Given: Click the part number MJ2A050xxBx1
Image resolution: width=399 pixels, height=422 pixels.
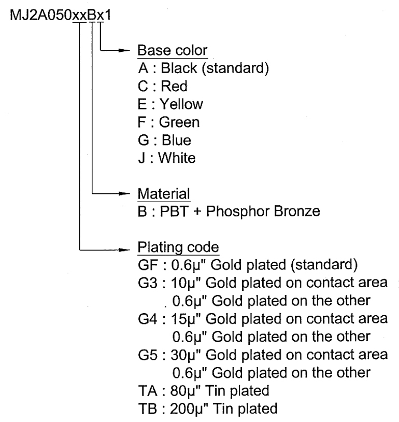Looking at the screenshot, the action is (60, 15).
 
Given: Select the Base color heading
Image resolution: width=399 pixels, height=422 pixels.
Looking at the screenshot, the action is (173, 50).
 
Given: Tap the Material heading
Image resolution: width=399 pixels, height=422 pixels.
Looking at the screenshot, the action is (164, 194).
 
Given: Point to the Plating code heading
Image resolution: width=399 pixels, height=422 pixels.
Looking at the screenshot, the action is (178, 247).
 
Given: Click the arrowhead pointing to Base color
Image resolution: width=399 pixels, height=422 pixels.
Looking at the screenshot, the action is (124, 50).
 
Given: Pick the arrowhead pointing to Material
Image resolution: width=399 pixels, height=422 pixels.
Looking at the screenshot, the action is (124, 193).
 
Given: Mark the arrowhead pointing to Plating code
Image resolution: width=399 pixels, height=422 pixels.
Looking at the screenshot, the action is (124, 250).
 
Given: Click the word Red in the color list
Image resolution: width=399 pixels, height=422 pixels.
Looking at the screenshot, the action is (174, 87).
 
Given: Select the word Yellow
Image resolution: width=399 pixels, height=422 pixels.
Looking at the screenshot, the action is (181, 104).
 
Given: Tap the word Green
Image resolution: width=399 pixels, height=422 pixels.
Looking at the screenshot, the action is (179, 122).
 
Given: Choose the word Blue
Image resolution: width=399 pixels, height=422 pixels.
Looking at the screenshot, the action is (177, 140).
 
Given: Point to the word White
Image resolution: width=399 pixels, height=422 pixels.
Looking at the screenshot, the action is (177, 158).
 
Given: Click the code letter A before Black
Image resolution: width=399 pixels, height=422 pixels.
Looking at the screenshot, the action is (144, 68).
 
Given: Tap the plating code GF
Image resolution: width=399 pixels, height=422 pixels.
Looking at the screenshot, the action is (148, 265).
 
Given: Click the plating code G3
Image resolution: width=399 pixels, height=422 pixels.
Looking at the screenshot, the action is (148, 283).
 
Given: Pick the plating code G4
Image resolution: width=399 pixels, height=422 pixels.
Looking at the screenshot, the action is (148, 319).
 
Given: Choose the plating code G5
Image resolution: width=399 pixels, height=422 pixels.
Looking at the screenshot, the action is (148, 355).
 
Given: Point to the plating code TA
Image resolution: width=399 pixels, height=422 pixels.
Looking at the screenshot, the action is (148, 391).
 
